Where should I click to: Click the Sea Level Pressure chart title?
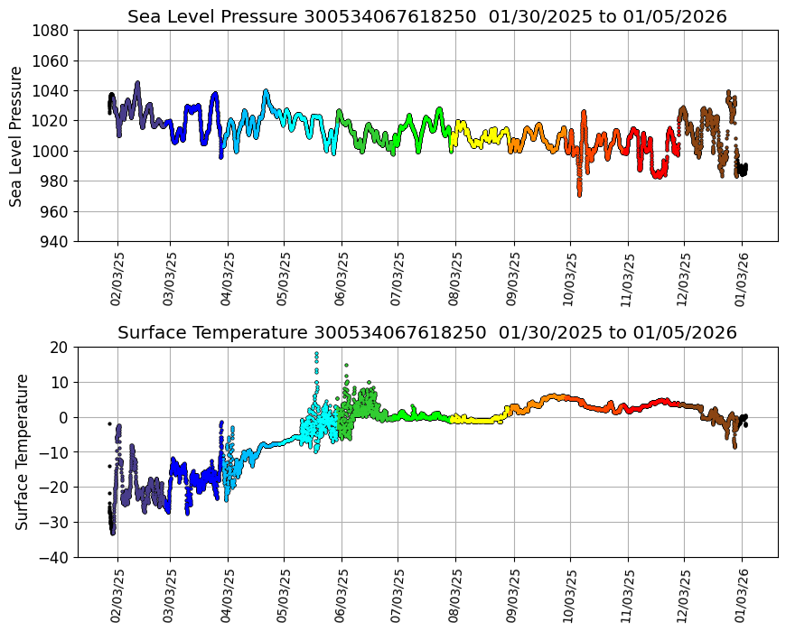tap(426, 17)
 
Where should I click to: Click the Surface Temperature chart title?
tap(426, 333)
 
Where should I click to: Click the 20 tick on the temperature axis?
tap(60, 347)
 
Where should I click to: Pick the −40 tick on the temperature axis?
tap(56, 558)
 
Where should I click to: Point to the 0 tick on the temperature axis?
tap(65, 417)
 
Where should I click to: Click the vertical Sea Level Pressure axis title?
tap(17, 135)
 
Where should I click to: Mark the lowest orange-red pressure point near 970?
tap(579, 194)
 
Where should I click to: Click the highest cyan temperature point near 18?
tap(316, 354)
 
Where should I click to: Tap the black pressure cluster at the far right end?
tap(742, 169)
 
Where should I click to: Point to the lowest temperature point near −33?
tap(113, 533)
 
